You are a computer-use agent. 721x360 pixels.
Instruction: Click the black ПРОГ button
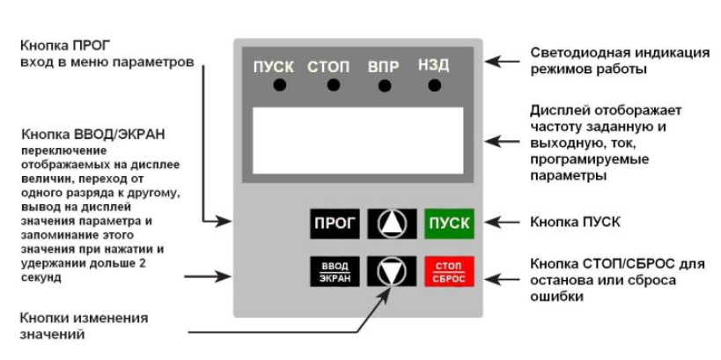point(335,224)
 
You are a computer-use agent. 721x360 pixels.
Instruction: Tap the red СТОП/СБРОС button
point(449,271)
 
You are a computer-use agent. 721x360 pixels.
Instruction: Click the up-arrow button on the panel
point(391,224)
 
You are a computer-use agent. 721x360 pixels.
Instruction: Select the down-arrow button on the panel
point(391,271)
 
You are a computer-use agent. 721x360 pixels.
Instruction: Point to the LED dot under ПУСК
point(279,85)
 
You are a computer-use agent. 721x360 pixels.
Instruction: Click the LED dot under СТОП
point(333,85)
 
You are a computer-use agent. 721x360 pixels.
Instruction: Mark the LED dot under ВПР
point(385,85)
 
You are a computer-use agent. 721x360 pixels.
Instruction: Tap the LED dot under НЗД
point(434,85)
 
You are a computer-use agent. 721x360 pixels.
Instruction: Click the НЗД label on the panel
point(433,66)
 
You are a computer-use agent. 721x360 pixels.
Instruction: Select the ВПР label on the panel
point(383,66)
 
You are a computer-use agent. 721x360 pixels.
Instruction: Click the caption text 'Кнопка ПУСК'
point(575,222)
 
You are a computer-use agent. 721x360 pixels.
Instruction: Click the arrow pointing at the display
point(504,141)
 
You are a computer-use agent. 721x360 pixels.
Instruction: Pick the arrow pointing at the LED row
point(504,62)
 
